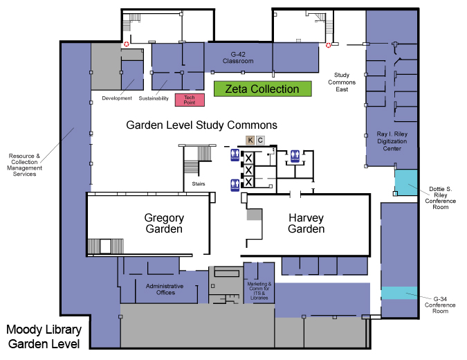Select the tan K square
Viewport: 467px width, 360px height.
click(250, 141)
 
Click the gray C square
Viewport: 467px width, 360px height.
click(260, 141)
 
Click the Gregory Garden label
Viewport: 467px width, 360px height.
click(163, 223)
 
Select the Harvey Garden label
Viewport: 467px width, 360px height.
click(306, 223)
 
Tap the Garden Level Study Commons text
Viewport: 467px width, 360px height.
click(201, 125)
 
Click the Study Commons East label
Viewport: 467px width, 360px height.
click(341, 82)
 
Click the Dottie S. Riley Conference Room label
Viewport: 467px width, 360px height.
click(438, 197)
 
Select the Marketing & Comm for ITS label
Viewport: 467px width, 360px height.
click(259, 290)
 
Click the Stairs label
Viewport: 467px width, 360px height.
click(199, 184)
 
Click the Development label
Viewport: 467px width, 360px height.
click(116, 98)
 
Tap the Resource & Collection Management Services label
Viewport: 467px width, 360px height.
click(24, 165)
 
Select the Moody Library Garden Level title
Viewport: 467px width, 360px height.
click(44, 336)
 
